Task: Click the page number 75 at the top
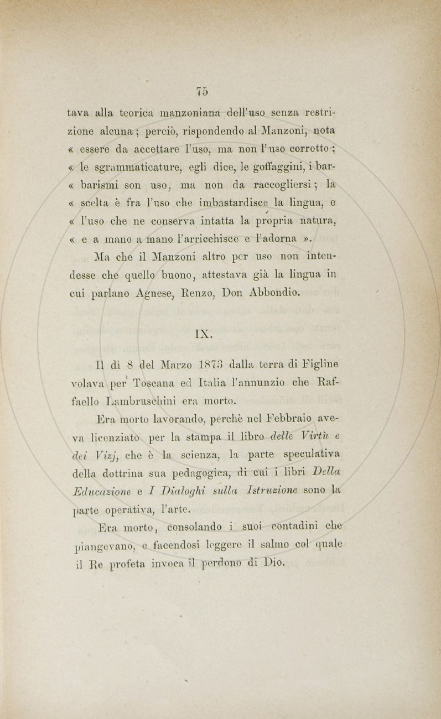201,90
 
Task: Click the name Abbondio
273,293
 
